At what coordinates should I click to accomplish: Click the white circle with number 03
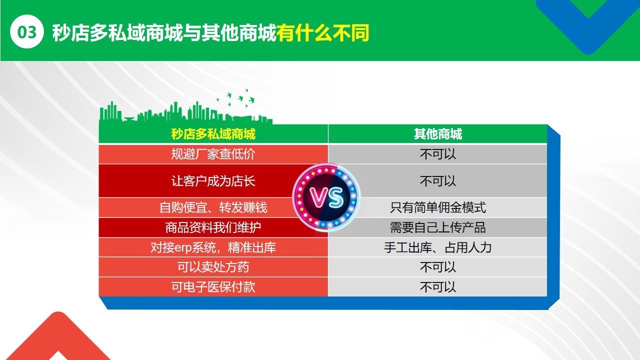(x=27, y=31)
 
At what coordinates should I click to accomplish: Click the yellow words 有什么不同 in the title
(x=323, y=33)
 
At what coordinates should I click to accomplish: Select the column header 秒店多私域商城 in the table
(x=213, y=134)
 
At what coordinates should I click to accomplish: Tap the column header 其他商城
(x=437, y=134)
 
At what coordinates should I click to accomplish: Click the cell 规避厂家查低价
(x=213, y=154)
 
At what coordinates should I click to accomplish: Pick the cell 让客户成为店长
(x=213, y=181)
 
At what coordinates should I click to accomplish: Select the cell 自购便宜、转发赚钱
(x=213, y=207)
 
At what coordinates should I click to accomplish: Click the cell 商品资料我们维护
(x=213, y=227)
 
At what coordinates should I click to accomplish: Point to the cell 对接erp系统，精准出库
(x=213, y=247)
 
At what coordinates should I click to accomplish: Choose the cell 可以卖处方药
(x=213, y=267)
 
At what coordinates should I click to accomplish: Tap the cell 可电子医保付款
(x=213, y=287)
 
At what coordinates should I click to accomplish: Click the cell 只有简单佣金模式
(x=437, y=207)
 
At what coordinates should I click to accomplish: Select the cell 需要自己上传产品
(x=437, y=227)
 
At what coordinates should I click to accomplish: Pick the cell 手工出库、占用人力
(x=437, y=247)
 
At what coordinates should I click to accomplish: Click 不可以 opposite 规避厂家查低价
(x=437, y=154)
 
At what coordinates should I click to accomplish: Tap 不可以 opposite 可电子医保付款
(x=437, y=287)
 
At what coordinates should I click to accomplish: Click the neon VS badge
(x=326, y=197)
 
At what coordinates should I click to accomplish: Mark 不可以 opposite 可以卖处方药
(x=437, y=267)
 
